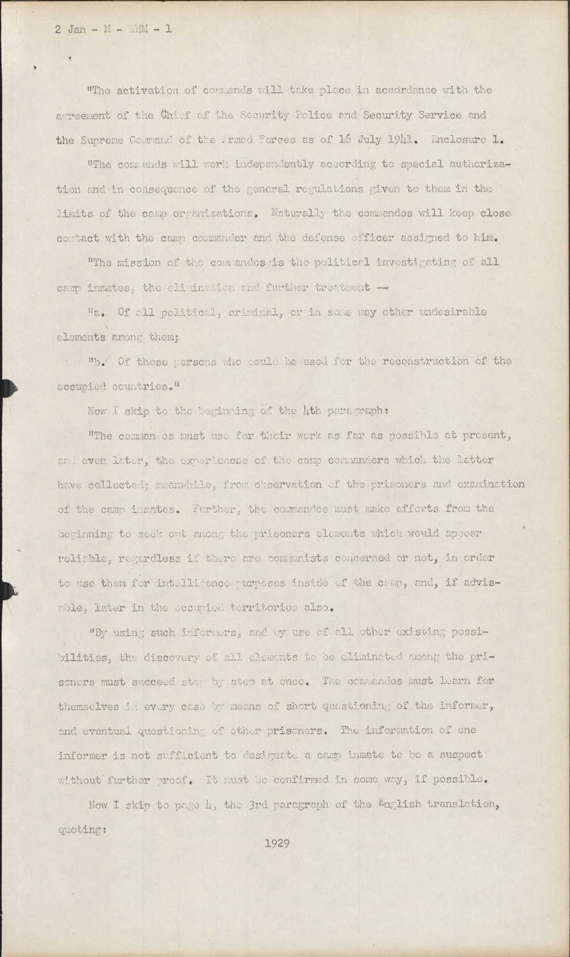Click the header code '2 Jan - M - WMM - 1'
pos(114,29)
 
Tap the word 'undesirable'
pos(455,312)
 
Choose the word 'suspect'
pos(460,754)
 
